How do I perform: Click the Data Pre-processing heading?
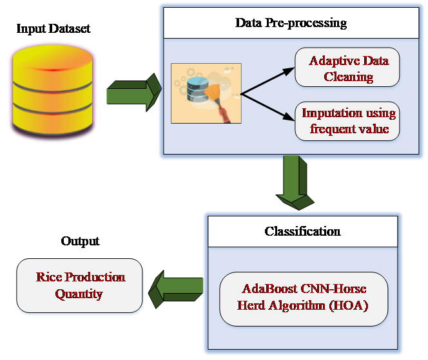point(290,24)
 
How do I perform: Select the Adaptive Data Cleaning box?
point(349,69)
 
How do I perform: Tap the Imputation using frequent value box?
point(349,121)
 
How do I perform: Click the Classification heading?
point(302,231)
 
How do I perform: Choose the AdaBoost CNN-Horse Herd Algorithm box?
point(304,298)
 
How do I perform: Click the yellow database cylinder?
point(52,90)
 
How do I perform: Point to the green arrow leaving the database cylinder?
point(132,91)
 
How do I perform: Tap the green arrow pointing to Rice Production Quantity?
point(175,285)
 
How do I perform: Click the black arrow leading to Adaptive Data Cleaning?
point(267,81)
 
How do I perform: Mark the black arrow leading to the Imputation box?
point(267,107)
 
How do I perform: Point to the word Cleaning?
point(349,77)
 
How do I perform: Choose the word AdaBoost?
point(265,289)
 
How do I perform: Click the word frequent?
point(333,129)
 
